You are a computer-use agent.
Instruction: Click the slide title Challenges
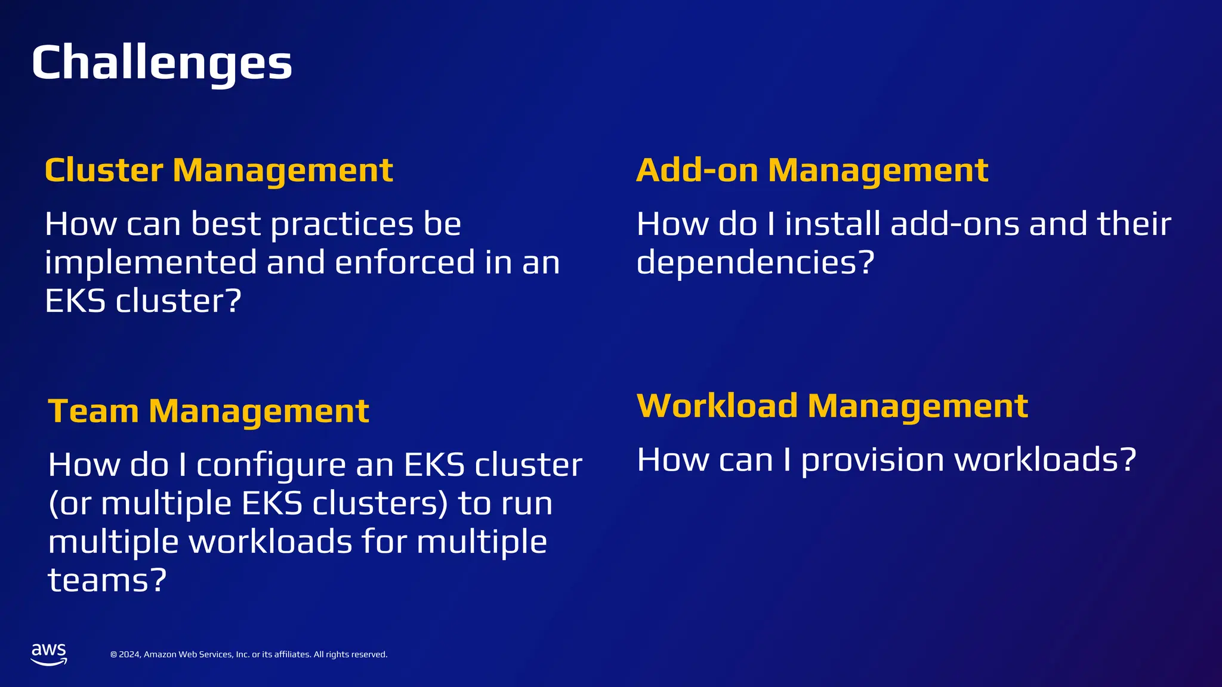tap(162, 63)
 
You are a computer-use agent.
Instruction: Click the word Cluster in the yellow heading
tap(104, 171)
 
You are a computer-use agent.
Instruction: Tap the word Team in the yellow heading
tap(94, 411)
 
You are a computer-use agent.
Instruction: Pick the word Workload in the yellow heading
tap(717, 406)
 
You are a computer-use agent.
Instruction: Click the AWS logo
tap(49, 654)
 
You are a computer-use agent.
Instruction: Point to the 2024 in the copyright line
tap(129, 655)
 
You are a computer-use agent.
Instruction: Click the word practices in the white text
tap(342, 225)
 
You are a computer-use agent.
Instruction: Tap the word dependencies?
tap(755, 263)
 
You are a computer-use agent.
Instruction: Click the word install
tap(832, 225)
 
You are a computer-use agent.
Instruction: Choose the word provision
tap(873, 461)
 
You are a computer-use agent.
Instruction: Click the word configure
tap(271, 466)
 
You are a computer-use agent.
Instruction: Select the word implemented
tap(151, 263)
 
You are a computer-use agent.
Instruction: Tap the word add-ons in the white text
tap(955, 225)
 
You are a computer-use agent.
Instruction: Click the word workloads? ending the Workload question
tap(1045, 461)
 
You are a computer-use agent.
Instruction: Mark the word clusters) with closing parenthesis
tap(380, 503)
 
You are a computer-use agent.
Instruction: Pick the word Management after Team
tap(259, 411)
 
